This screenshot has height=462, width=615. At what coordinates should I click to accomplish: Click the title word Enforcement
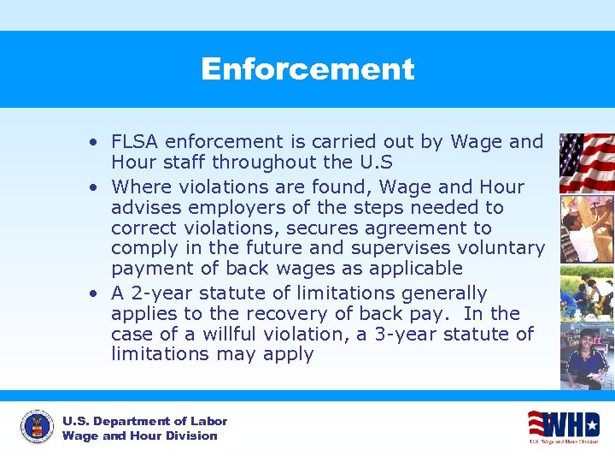pyautogui.click(x=307, y=69)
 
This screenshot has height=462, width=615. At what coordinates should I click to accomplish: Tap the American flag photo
pyautogui.click(x=586, y=163)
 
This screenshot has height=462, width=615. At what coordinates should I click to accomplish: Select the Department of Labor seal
pyautogui.click(x=37, y=427)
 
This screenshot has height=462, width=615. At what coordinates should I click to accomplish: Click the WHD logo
pyautogui.click(x=563, y=426)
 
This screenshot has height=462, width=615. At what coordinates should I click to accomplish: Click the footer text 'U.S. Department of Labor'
pyautogui.click(x=144, y=421)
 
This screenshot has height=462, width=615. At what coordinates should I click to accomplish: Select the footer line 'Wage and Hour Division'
pyautogui.click(x=139, y=435)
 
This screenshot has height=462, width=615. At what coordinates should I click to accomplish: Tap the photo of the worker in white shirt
pyautogui.click(x=586, y=228)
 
